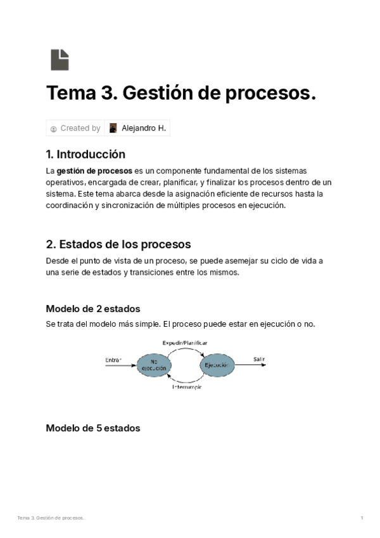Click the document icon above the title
tap(60, 59)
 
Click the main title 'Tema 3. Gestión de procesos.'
tap(180, 94)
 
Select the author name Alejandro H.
tap(144, 128)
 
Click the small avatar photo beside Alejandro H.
tap(113, 128)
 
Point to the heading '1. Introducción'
tap(85, 154)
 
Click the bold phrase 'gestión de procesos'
tap(94, 171)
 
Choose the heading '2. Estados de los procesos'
tap(118, 244)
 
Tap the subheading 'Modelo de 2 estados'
tap(93, 309)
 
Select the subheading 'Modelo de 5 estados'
tap(93, 428)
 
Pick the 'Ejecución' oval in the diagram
tap(218, 365)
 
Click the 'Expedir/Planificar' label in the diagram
tap(185, 343)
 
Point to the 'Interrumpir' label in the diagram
tap(186, 387)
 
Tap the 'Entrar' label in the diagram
tap(113, 360)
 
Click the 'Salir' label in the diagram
tap(259, 359)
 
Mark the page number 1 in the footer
tap(362, 518)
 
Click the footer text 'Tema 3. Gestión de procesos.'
tap(51, 518)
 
